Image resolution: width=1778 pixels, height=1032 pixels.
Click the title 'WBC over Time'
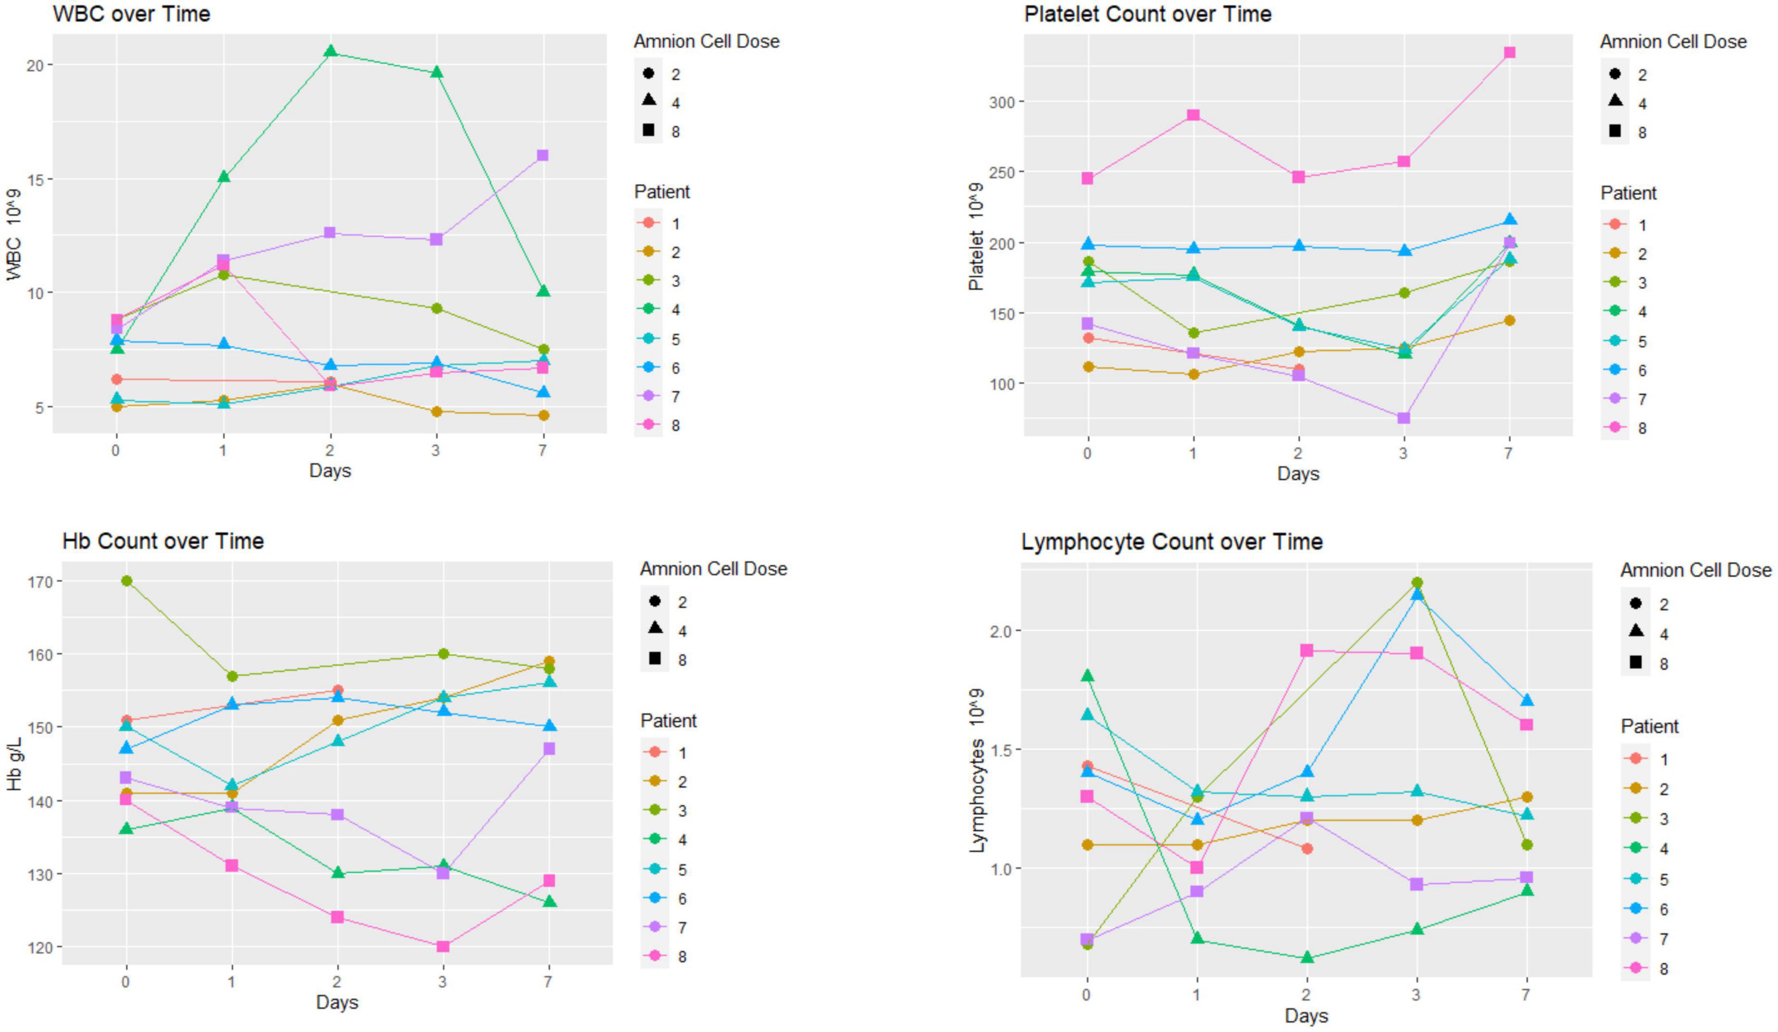(x=131, y=14)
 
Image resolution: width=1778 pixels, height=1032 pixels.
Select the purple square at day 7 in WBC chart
(x=543, y=155)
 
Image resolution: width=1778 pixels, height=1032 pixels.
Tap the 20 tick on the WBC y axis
(x=35, y=65)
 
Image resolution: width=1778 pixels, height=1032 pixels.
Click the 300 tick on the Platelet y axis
(x=1001, y=102)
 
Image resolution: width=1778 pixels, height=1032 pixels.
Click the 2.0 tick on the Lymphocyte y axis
(x=993, y=631)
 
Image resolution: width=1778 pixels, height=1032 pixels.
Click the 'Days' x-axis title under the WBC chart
(x=329, y=471)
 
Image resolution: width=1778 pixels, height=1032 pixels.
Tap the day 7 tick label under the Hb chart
(x=548, y=981)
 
